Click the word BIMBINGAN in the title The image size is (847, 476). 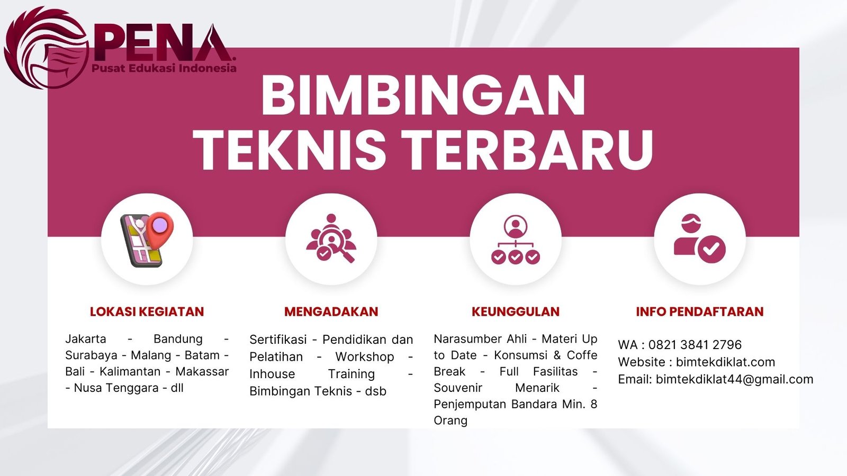(x=423, y=96)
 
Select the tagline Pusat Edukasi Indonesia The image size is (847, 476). (x=164, y=68)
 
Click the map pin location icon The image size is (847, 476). (x=147, y=239)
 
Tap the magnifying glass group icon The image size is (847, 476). (x=331, y=239)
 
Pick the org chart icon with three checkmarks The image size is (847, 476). (x=515, y=240)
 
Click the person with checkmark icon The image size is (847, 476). (x=699, y=239)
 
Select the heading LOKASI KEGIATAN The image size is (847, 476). (x=147, y=312)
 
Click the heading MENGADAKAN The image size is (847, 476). (x=331, y=312)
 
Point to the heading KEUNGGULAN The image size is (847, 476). (x=515, y=312)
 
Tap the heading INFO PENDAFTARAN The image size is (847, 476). (x=699, y=312)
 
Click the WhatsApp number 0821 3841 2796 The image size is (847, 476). (x=695, y=345)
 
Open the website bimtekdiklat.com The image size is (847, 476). (x=725, y=362)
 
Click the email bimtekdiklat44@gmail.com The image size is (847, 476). (x=734, y=379)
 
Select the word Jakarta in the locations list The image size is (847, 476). (x=86, y=339)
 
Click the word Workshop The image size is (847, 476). (x=365, y=357)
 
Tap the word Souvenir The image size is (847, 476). (x=458, y=388)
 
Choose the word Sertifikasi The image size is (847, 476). (x=278, y=340)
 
